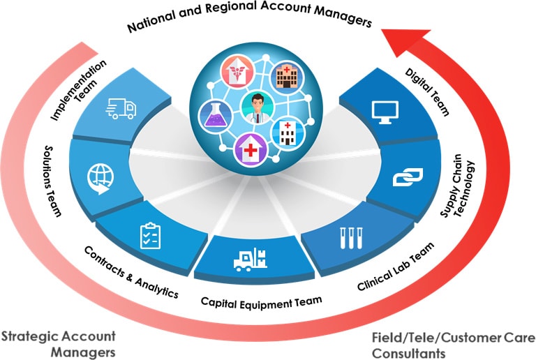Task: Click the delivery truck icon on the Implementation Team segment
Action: (x=121, y=110)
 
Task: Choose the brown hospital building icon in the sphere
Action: (x=284, y=75)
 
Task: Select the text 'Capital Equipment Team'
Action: (x=261, y=301)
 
